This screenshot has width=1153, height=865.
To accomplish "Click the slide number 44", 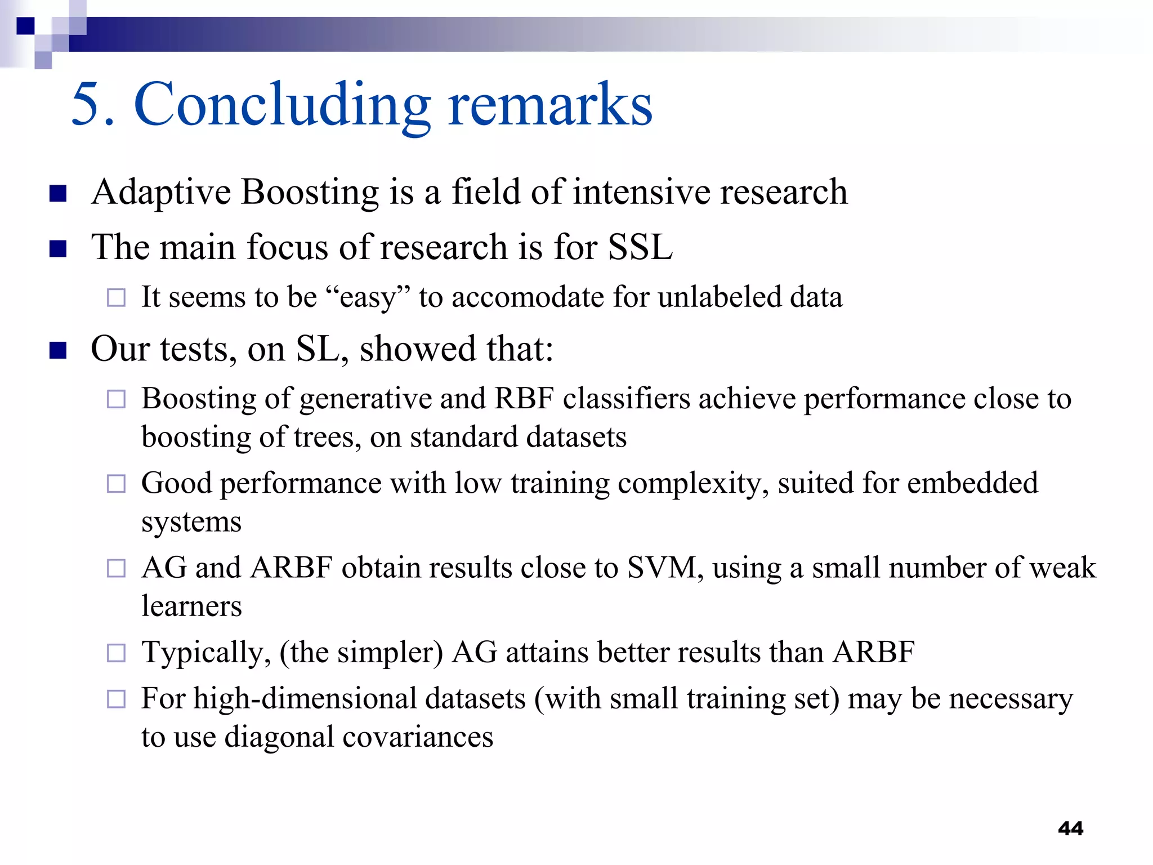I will [1070, 828].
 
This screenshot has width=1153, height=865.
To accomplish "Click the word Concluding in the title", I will [281, 105].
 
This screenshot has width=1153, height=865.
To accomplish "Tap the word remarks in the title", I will [550, 105].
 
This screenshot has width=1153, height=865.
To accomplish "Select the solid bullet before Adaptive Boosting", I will [58, 193].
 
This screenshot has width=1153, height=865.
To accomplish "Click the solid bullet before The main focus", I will [58, 248].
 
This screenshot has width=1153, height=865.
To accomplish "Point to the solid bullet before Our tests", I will [58, 350].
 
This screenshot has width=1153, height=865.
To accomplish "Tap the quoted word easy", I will [367, 297].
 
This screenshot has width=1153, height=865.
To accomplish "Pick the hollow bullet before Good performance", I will [116, 484].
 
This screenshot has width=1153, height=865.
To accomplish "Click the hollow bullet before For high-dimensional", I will [116, 699].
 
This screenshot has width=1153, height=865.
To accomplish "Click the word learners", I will [191, 607].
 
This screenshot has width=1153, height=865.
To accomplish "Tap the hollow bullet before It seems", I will [116, 297].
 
